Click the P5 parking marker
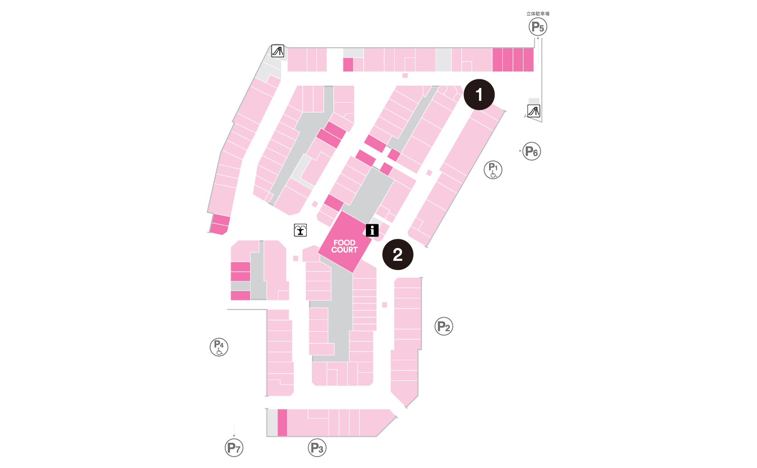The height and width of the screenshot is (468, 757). (538, 27)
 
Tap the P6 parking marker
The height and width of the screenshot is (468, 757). (532, 151)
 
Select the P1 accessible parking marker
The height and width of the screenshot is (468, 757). (493, 170)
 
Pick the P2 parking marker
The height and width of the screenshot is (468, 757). (443, 326)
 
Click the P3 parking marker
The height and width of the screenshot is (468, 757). (317, 448)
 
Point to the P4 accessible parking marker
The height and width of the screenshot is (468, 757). (219, 347)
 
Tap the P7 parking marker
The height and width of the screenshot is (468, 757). (234, 448)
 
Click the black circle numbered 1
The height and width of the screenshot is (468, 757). (479, 94)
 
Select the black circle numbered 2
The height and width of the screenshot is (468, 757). (398, 254)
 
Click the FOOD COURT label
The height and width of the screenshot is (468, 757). (344, 246)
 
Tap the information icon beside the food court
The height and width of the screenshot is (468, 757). (372, 230)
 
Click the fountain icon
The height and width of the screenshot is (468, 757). (300, 230)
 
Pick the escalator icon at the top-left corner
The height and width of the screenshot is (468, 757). (278, 50)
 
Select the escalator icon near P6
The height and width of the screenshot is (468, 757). (534, 111)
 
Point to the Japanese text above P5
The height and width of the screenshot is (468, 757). (538, 14)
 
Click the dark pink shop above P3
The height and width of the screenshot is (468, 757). (282, 423)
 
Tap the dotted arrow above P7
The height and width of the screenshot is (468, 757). (234, 431)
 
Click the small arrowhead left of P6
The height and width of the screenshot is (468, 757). (520, 151)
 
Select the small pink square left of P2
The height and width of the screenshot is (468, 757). (384, 305)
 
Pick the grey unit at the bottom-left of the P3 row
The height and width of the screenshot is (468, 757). (272, 423)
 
